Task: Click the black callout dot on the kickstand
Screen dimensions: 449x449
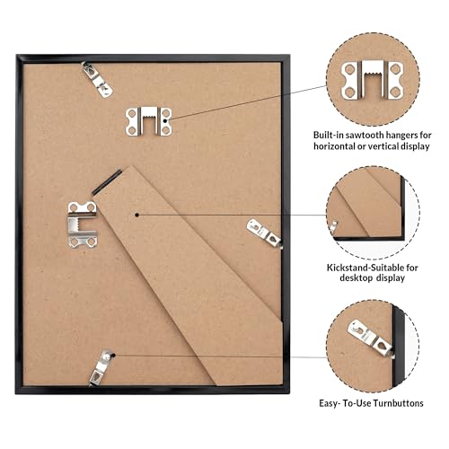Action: coord(134,214)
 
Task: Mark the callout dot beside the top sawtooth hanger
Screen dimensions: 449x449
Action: coord(168,119)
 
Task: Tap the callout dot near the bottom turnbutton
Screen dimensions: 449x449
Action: coord(117,355)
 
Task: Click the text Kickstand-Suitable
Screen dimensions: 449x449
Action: coord(361,267)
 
